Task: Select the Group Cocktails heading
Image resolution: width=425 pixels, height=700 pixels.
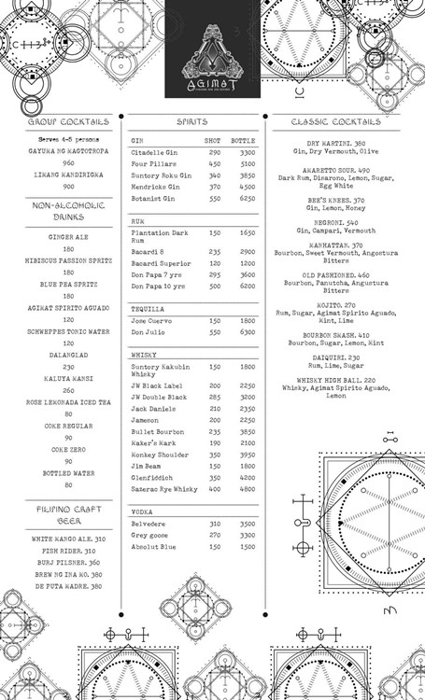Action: point(68,121)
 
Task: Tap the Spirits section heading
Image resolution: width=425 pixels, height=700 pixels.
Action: point(192,121)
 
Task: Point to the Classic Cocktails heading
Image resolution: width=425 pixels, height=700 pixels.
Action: point(335,121)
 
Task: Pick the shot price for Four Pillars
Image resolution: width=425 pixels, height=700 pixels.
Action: point(214,164)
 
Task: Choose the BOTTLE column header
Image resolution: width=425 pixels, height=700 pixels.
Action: point(243,140)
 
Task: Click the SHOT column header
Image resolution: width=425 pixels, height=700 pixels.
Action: point(213,140)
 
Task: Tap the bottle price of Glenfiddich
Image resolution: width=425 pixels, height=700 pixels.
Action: point(247,476)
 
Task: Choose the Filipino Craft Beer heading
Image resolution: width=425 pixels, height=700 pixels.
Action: point(68,515)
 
